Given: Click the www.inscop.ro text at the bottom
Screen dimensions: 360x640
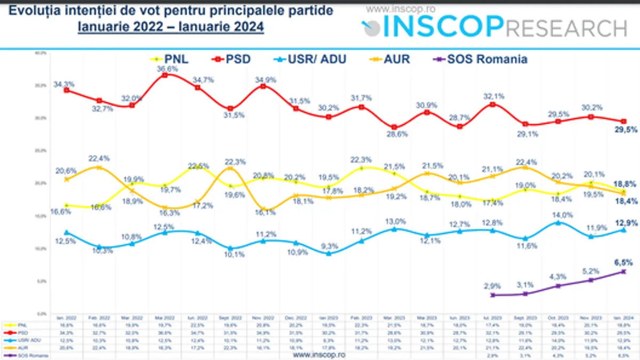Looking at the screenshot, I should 319,354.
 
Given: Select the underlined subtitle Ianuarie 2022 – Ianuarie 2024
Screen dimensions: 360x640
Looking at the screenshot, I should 171,27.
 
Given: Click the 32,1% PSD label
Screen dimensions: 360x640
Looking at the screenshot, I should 494,97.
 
